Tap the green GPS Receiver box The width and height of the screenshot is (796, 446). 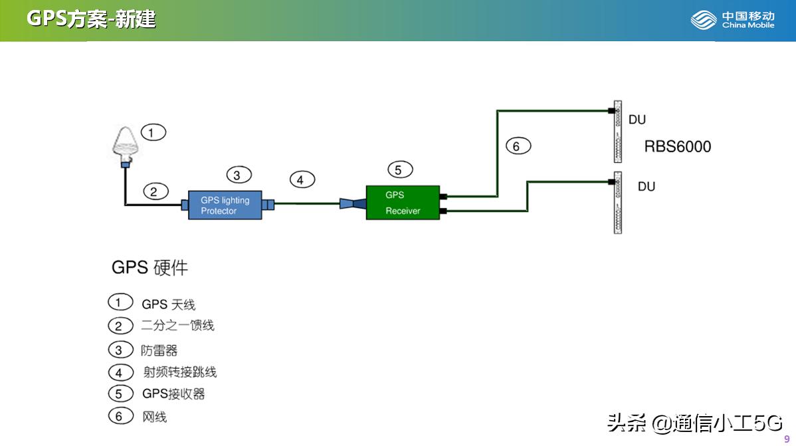(x=403, y=203)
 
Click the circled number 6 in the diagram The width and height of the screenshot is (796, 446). (x=517, y=146)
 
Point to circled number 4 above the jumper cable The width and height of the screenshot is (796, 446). (x=302, y=179)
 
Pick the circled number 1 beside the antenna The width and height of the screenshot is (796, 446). (x=153, y=132)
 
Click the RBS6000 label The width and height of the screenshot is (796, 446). (x=677, y=147)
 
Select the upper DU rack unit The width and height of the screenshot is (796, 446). (x=617, y=132)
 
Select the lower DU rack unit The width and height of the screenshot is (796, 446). (x=617, y=203)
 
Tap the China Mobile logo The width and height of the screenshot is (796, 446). (x=732, y=20)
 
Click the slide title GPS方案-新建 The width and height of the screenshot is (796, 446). (x=91, y=19)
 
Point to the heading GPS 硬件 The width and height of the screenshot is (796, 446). (x=149, y=267)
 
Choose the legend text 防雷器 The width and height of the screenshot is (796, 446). (x=159, y=350)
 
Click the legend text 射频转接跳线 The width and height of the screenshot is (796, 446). (x=180, y=372)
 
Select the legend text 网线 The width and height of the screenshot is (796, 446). (x=154, y=417)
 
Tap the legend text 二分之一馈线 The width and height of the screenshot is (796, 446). (x=177, y=326)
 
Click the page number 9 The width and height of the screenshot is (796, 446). (x=787, y=439)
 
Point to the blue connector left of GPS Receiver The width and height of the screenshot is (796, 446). (x=353, y=204)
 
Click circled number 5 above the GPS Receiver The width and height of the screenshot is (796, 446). (x=398, y=170)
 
